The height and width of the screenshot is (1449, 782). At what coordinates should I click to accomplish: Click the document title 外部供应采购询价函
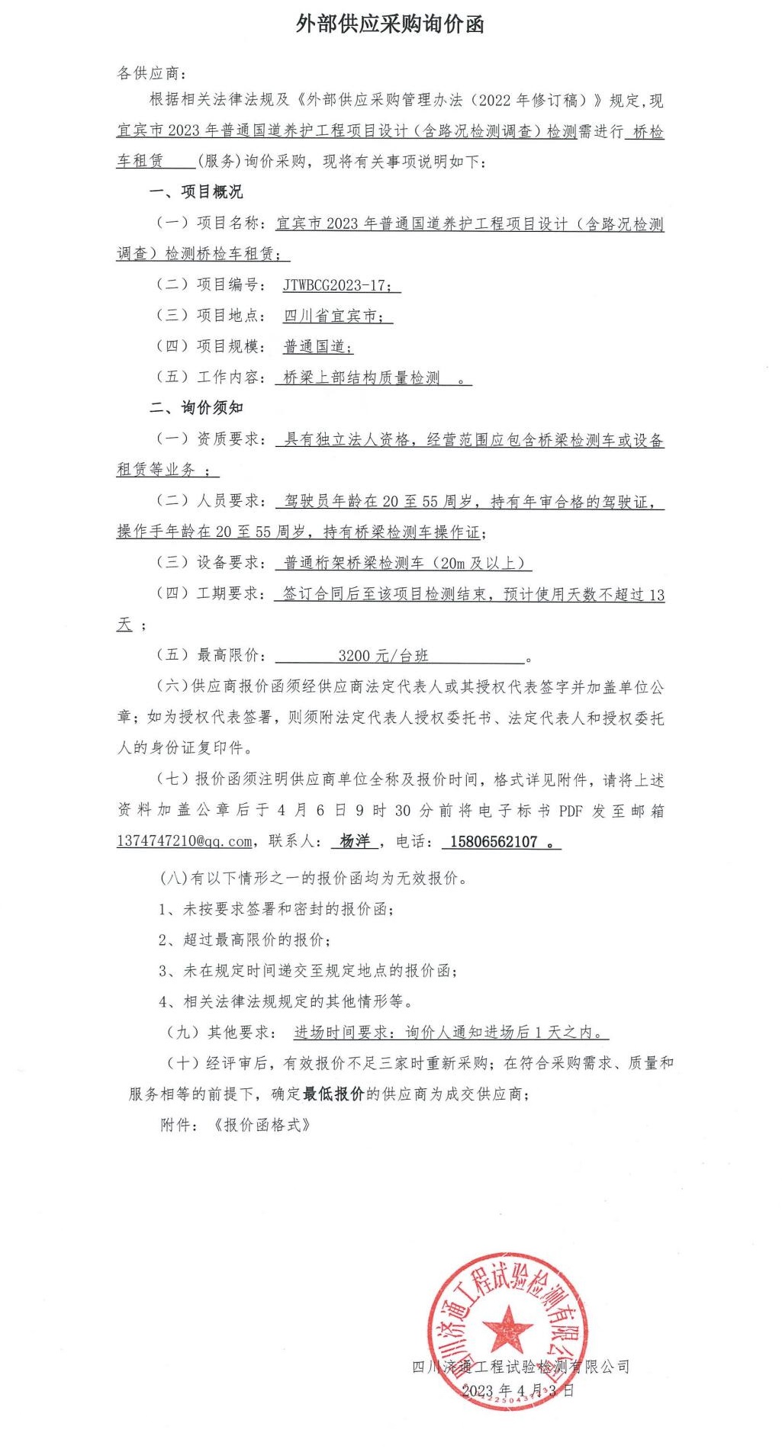tap(390, 25)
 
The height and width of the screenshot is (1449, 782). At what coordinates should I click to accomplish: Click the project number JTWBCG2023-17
tap(333, 285)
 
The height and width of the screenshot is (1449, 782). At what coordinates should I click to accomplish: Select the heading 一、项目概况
tap(196, 192)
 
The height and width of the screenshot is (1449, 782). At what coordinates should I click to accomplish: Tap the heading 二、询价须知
tap(196, 408)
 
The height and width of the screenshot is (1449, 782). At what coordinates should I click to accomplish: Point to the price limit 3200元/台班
tap(383, 656)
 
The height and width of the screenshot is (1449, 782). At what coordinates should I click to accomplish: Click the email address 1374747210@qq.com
tap(184, 841)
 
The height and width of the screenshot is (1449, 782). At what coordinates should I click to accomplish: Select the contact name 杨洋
tap(355, 841)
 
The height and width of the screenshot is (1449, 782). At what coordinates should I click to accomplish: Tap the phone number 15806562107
tap(494, 842)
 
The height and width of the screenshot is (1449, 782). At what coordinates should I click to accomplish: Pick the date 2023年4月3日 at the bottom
tap(517, 1390)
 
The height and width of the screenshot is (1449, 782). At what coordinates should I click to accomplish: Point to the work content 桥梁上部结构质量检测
tap(362, 378)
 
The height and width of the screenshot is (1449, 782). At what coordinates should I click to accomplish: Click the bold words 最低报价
tap(333, 1094)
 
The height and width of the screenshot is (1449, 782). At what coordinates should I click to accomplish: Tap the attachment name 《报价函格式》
tap(262, 1125)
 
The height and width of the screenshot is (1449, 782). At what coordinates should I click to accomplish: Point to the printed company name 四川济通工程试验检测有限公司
tap(520, 1367)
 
